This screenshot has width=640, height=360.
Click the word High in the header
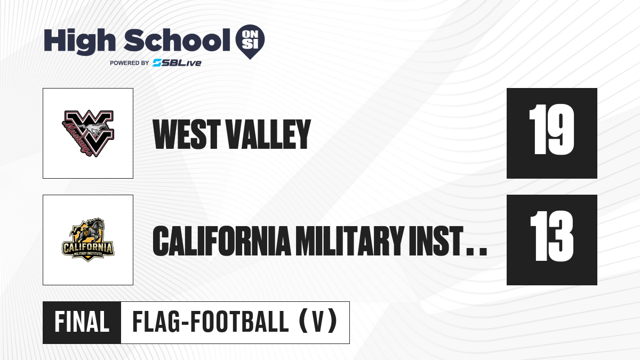pos(79,41)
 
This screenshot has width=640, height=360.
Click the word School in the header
pos(177,40)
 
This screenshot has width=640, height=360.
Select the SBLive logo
pos(177,63)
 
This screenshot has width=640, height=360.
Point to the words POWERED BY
pos(130,63)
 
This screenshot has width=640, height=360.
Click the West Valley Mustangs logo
pos(88,133)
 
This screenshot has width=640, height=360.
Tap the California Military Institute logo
pos(88,240)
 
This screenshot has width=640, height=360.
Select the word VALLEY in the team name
pos(268,134)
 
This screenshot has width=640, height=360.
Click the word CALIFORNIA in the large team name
pos(222,241)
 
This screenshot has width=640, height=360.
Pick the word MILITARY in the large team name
pos(349,241)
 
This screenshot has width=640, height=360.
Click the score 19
pos(551,130)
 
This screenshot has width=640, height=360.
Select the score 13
pos(551,236)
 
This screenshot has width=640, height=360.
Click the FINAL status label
pos(82,322)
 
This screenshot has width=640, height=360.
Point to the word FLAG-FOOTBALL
pos(211,322)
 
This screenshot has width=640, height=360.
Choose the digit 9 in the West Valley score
pos(561,130)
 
